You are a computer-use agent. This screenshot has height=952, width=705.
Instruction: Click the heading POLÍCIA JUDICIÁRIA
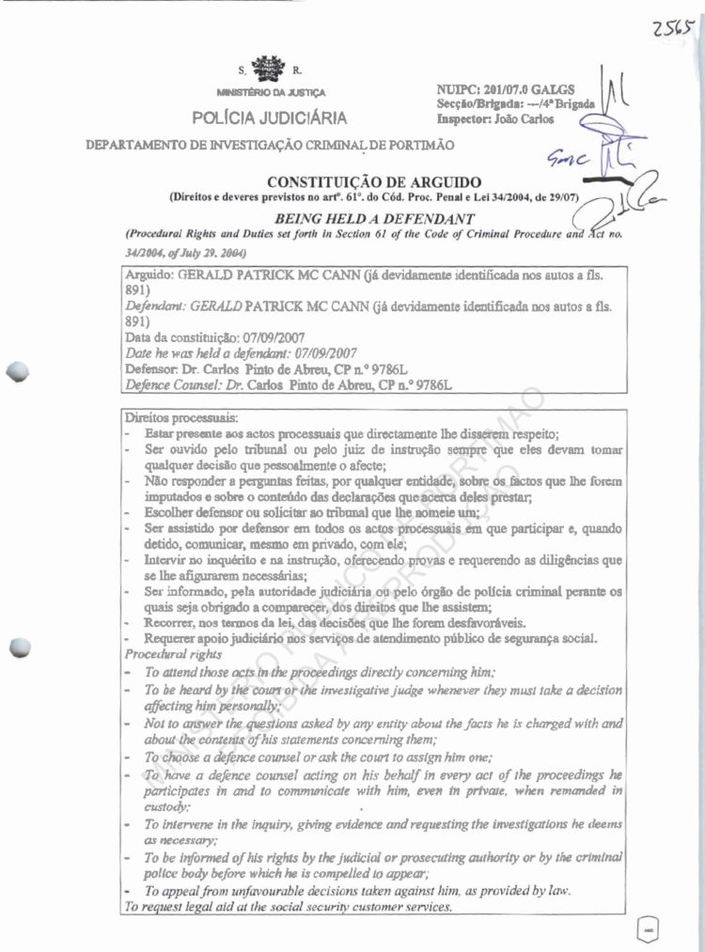coord(270,118)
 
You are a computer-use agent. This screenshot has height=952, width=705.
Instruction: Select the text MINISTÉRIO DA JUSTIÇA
coord(271,94)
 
